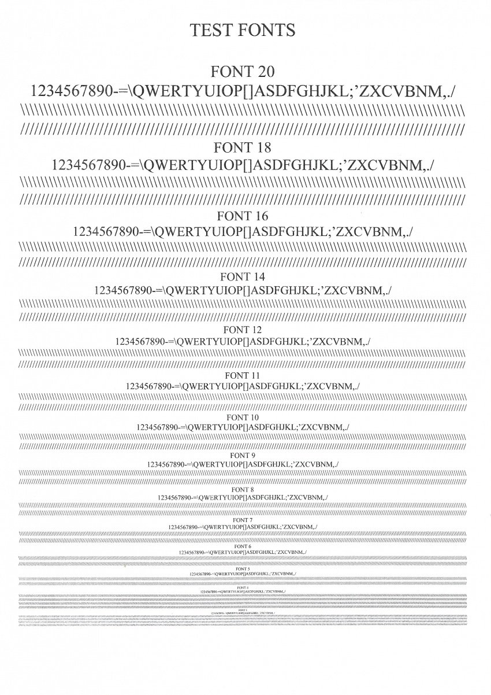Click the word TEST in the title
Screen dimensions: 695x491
click(x=212, y=30)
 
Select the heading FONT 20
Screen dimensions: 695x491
click(x=242, y=72)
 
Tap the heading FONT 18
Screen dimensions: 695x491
click(x=242, y=147)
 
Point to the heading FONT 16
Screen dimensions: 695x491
click(x=243, y=217)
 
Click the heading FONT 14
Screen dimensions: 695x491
click(x=243, y=277)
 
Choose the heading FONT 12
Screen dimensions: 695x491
click(x=243, y=330)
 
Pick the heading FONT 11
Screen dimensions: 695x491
click(x=243, y=375)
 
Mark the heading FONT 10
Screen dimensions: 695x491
click(x=243, y=417)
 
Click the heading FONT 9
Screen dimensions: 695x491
click(x=243, y=455)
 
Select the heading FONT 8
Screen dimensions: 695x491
click(x=243, y=489)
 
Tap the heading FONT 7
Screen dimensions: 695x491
click(x=243, y=520)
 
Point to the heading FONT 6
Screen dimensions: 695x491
click(x=243, y=546)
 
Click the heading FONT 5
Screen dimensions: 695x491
click(x=243, y=569)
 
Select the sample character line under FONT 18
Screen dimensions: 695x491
click(x=243, y=165)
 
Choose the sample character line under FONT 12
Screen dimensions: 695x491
click(x=243, y=341)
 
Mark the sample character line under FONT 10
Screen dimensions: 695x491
click(x=243, y=427)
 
